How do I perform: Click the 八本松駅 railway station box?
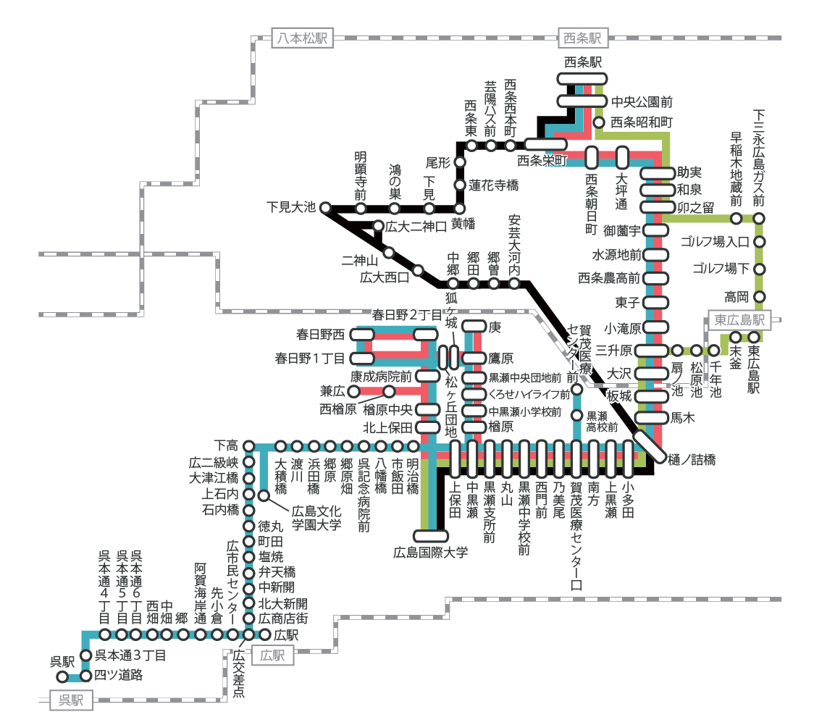pos(302,38)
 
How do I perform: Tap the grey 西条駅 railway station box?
pos(582,38)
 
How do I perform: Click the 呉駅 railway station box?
pos(71,700)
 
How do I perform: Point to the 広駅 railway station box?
pos(272,656)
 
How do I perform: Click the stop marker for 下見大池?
pos(325,207)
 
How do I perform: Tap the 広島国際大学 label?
pos(430,553)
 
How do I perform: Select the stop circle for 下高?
pos(248,445)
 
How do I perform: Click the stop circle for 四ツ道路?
pos(86,676)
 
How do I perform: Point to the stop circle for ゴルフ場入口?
pos(760,242)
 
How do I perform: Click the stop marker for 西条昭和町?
pos(599,122)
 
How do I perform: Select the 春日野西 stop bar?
pos(362,334)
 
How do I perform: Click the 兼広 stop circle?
pos(355,391)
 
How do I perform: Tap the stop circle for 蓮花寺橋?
pos(459,185)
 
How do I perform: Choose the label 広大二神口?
pos(416,227)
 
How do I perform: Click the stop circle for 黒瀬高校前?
pos(577,416)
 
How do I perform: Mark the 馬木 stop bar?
pos(651,417)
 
